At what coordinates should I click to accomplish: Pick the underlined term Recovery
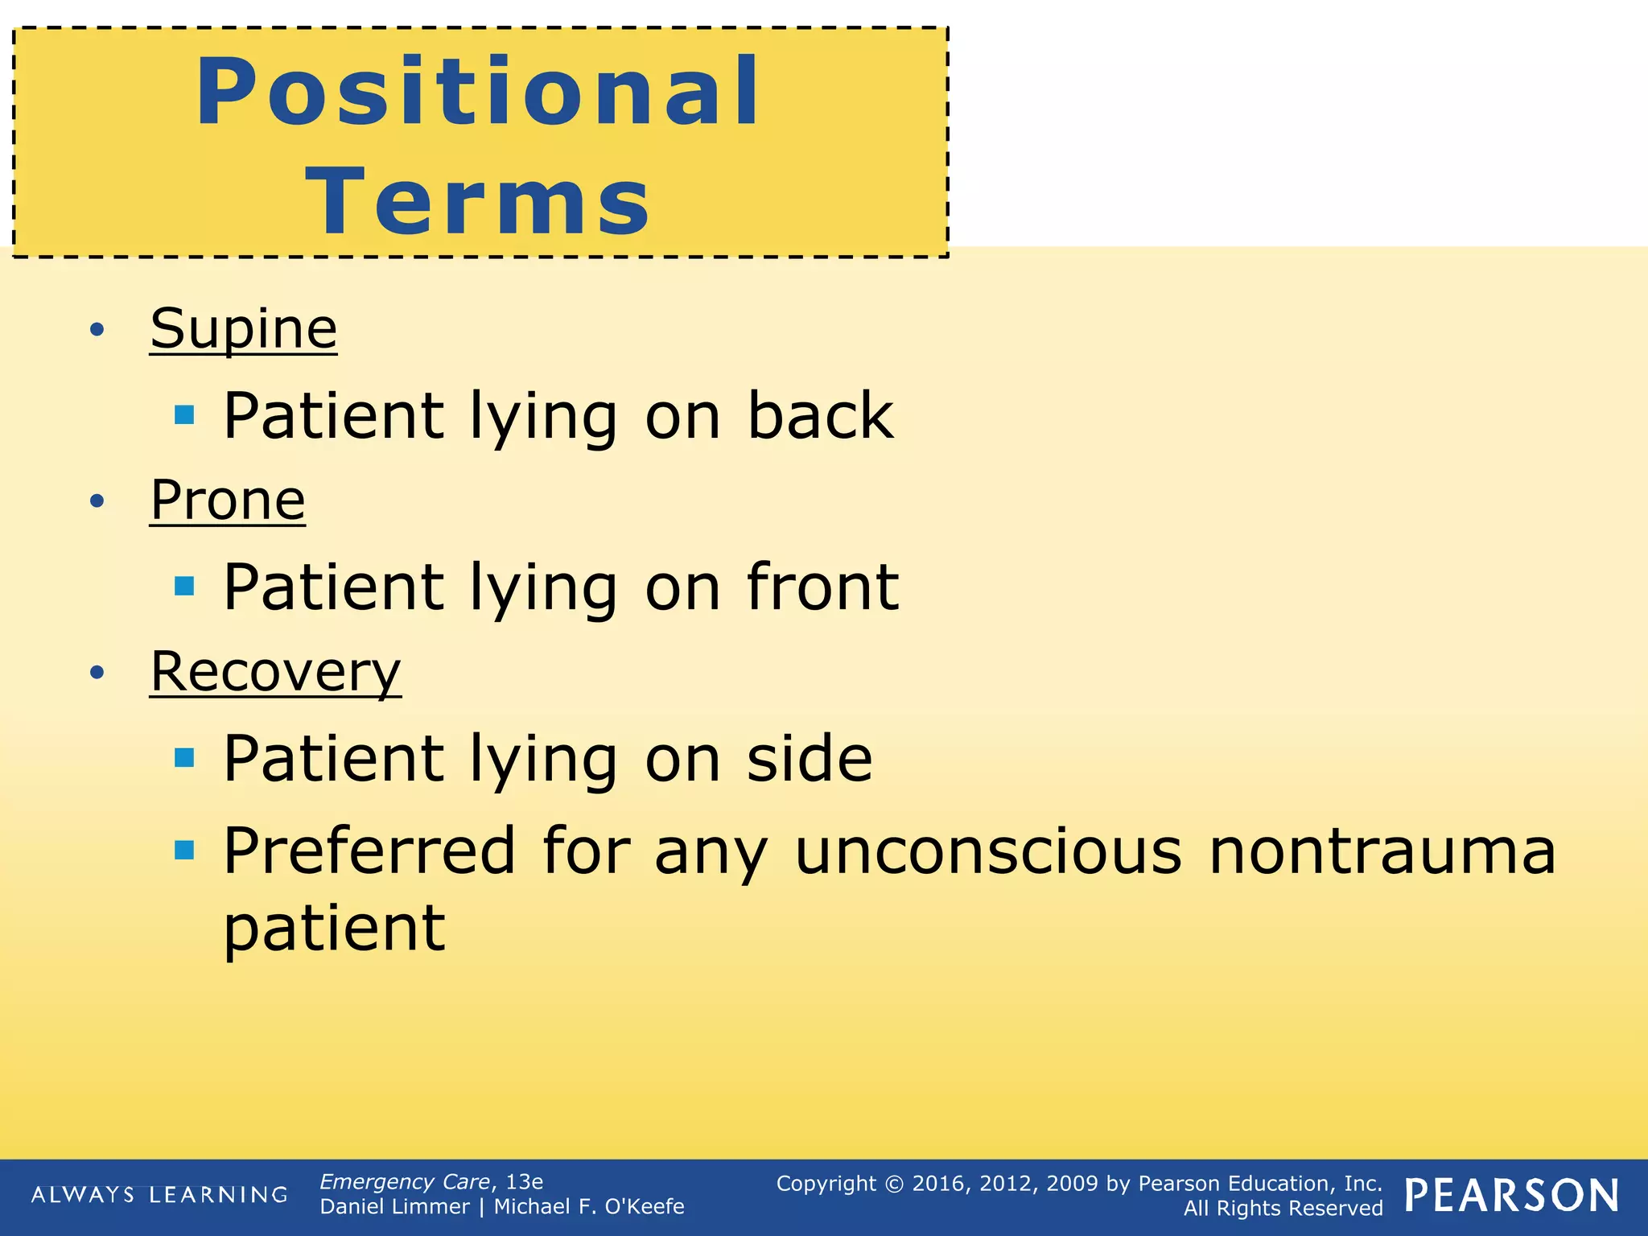(x=275, y=671)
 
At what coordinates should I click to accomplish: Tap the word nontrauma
(x=1382, y=851)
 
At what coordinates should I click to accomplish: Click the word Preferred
(x=369, y=851)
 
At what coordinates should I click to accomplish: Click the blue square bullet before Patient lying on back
(x=184, y=415)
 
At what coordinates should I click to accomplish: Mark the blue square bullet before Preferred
(x=184, y=850)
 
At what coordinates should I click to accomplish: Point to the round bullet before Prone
(x=97, y=501)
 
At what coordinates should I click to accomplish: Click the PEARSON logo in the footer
(x=1511, y=1195)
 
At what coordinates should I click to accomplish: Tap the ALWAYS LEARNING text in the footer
(x=159, y=1195)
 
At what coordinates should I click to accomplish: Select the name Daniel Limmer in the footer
(x=394, y=1207)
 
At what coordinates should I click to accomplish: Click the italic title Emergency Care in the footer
(x=405, y=1181)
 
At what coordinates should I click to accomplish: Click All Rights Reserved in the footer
(x=1283, y=1208)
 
